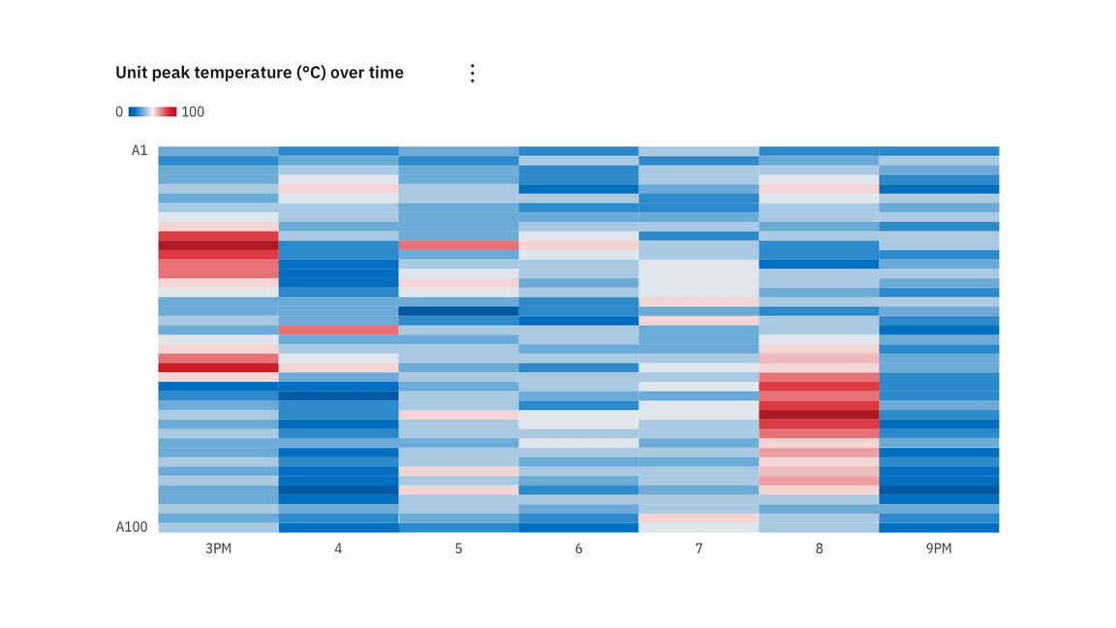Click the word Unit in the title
click(131, 73)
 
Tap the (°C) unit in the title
click(312, 73)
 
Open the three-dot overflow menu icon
click(472, 73)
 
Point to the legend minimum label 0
click(119, 111)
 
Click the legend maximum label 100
click(193, 111)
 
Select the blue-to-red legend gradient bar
click(152, 111)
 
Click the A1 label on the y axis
click(139, 150)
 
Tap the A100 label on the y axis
click(132, 527)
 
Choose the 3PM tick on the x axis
click(218, 549)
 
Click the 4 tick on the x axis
click(338, 549)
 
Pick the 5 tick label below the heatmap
click(458, 549)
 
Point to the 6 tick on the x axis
click(578, 549)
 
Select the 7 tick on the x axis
click(698, 549)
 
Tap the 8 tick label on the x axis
click(819, 549)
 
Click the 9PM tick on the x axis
click(939, 549)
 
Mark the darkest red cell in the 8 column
click(819, 414)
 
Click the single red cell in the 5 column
click(458, 245)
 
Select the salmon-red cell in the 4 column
click(338, 330)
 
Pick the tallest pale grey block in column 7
click(698, 277)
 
